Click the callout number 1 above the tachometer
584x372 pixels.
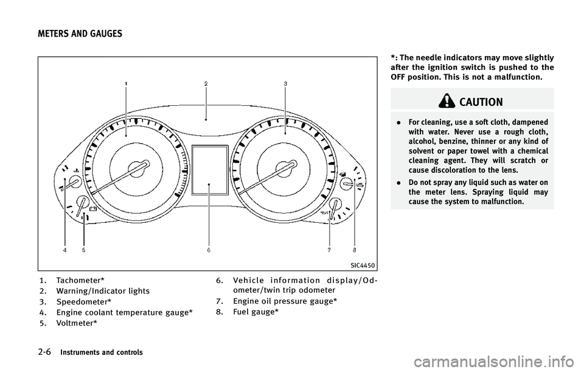[126, 82]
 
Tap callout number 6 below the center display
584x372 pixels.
[208, 250]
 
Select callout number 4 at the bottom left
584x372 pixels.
[63, 250]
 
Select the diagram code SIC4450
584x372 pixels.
[363, 265]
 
